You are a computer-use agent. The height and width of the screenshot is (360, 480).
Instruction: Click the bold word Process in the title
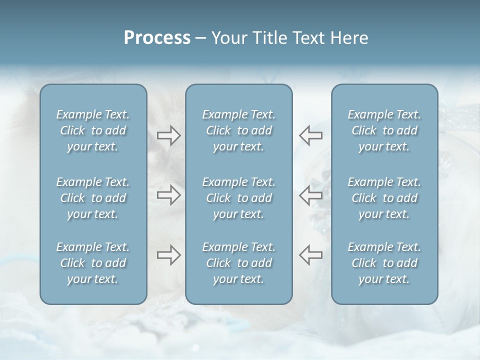(x=157, y=38)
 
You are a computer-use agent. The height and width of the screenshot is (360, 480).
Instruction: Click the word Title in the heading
(x=271, y=38)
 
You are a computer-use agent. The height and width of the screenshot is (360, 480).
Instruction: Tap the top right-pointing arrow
(x=168, y=135)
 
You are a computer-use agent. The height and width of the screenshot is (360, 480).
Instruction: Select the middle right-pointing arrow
(x=168, y=195)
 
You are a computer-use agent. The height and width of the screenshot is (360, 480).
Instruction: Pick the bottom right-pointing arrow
(x=168, y=255)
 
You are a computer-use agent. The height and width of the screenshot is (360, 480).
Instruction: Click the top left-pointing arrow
(x=311, y=135)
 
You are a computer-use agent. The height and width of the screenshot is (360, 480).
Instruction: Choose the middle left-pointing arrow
(x=311, y=195)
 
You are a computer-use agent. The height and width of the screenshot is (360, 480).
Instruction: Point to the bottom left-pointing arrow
(x=311, y=255)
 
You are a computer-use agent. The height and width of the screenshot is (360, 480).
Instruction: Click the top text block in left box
(x=93, y=130)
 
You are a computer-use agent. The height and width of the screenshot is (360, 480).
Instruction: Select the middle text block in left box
(x=93, y=198)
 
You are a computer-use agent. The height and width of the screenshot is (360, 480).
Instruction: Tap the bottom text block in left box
(x=93, y=263)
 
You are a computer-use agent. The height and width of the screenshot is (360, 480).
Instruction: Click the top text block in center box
(x=238, y=130)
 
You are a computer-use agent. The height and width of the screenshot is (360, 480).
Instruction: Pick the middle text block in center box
(x=238, y=198)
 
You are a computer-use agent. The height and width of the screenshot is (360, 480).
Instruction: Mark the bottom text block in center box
(x=238, y=263)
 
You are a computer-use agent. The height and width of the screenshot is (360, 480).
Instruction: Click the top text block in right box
(x=384, y=130)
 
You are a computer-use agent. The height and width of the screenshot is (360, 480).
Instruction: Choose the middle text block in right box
(x=384, y=198)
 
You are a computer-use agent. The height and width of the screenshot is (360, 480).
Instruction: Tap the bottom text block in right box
(x=384, y=263)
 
